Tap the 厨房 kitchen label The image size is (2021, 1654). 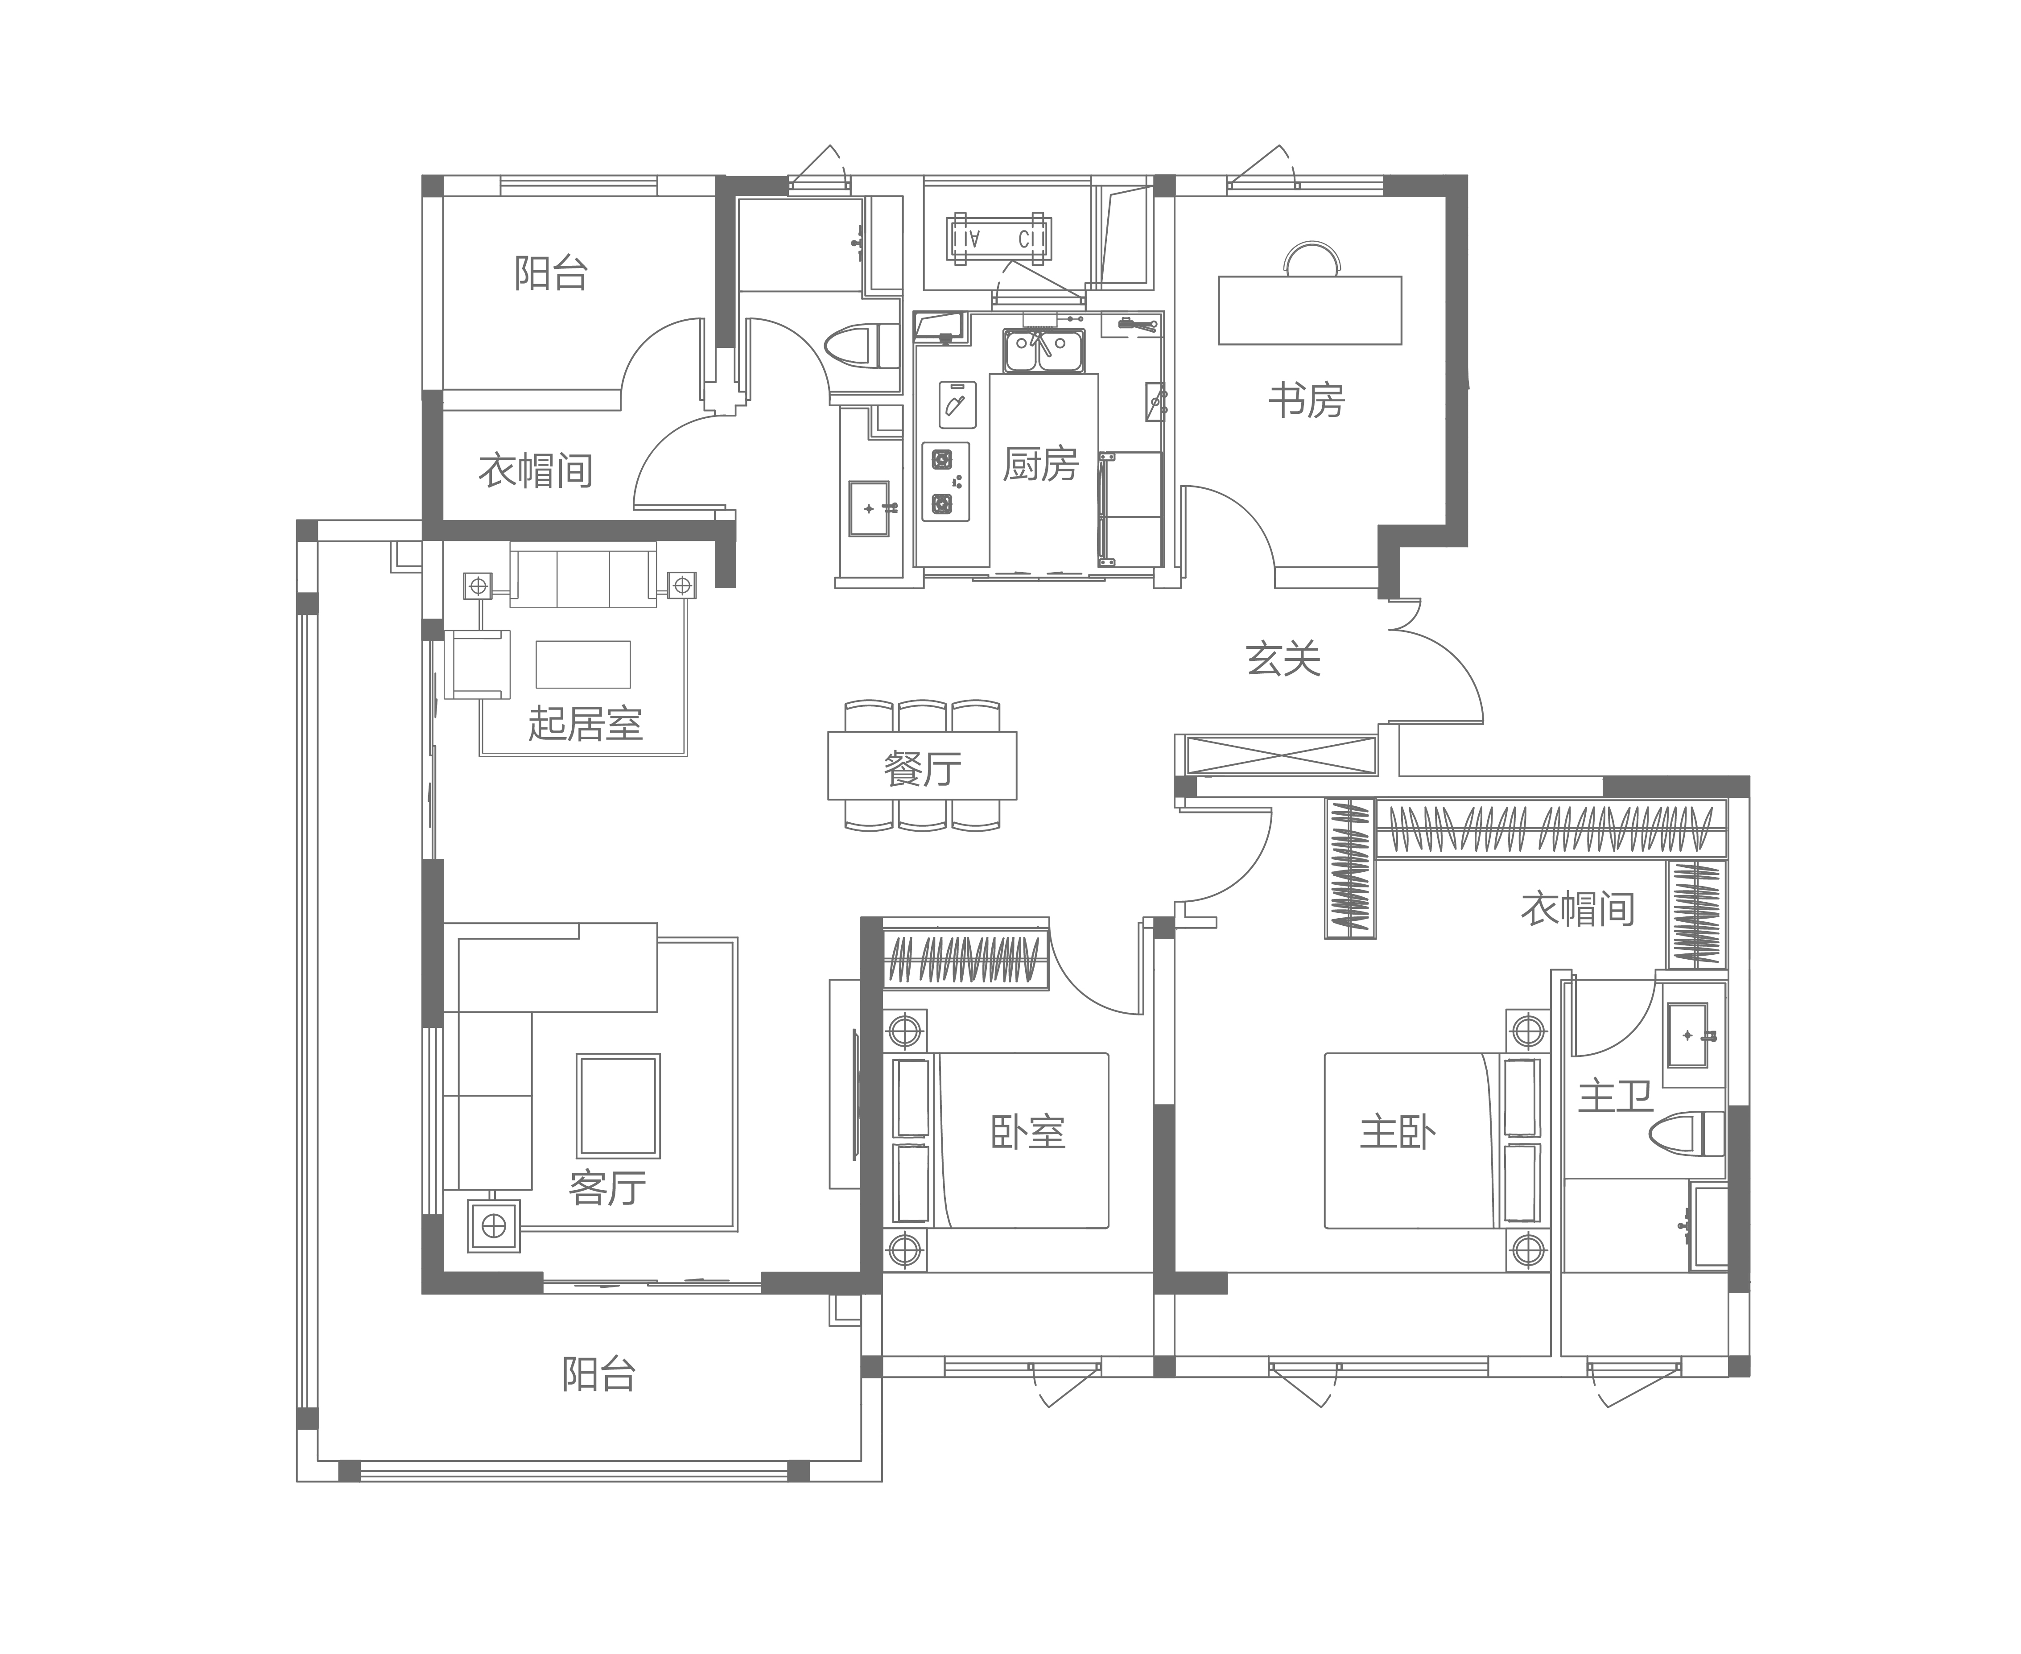coord(1040,464)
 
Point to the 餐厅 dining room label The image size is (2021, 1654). coord(922,769)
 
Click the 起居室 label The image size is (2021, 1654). coord(585,724)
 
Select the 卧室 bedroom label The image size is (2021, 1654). coord(1028,1133)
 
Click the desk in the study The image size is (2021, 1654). coord(1310,309)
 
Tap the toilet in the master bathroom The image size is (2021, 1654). coord(1687,1134)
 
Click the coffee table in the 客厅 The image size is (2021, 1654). coord(618,1105)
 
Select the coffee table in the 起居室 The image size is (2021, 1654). coord(583,664)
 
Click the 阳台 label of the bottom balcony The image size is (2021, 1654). coord(598,1375)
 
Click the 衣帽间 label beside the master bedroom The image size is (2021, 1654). coord(1578,910)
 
